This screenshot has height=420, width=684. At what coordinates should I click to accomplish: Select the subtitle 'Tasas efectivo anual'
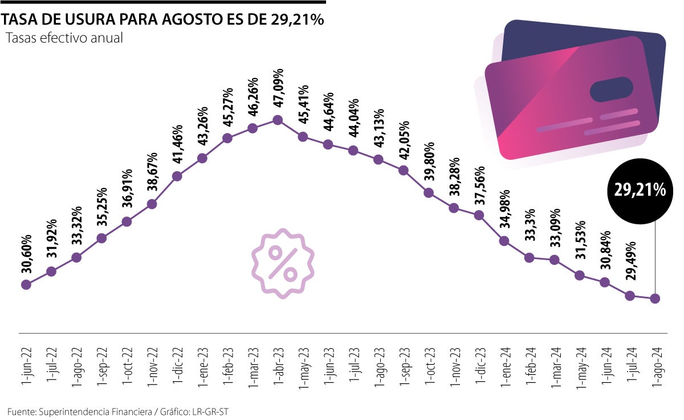coord(64,38)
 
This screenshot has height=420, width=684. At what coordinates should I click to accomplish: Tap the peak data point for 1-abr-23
coord(278,120)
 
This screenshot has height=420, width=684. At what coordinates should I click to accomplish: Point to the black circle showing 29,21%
coord(640,191)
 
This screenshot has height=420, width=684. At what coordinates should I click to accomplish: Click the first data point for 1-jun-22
coord(26,284)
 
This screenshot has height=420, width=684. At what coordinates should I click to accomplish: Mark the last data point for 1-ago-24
coord(655,298)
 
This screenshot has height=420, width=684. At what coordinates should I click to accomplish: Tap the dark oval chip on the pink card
coord(611,90)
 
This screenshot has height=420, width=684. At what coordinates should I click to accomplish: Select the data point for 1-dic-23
coord(479,215)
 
